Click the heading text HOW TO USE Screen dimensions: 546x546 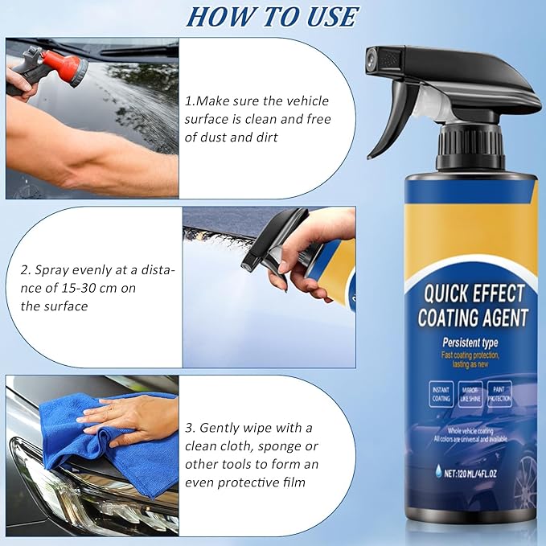272,16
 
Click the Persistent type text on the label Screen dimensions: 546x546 471,343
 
